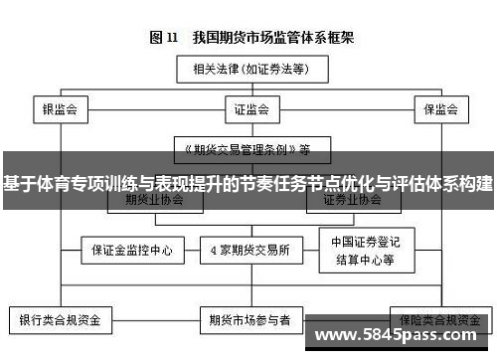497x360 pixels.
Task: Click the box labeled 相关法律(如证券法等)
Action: click(248, 71)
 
